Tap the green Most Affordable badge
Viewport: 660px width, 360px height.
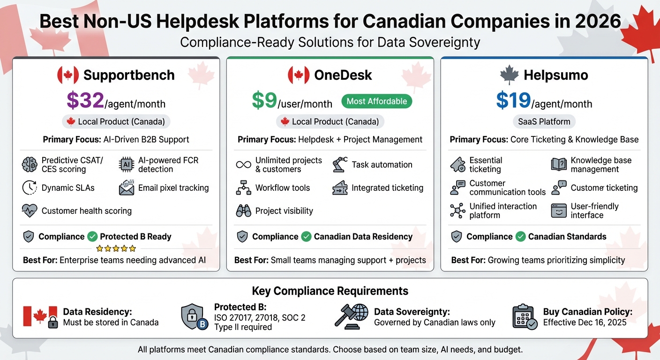pyautogui.click(x=377, y=101)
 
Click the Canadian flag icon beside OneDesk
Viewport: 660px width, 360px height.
pyautogui.click(x=299, y=75)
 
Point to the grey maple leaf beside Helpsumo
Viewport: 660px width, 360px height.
pyautogui.click(x=510, y=75)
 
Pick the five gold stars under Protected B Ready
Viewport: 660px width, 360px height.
pyautogui.click(x=116, y=248)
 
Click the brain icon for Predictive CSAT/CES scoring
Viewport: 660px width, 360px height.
pyautogui.click(x=30, y=165)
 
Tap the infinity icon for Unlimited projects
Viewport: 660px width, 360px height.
pyautogui.click(x=243, y=165)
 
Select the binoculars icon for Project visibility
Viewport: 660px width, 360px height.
pyautogui.click(x=243, y=211)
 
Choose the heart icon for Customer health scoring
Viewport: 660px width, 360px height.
pyautogui.click(x=30, y=211)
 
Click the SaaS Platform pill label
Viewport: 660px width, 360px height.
pyautogui.click(x=544, y=122)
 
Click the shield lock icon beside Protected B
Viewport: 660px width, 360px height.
pyautogui.click(x=194, y=317)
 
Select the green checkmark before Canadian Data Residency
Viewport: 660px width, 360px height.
pyautogui.click(x=306, y=237)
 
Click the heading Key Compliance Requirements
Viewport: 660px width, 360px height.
pyautogui.click(x=330, y=291)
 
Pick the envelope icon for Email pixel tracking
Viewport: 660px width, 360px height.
pyautogui.click(x=127, y=187)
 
